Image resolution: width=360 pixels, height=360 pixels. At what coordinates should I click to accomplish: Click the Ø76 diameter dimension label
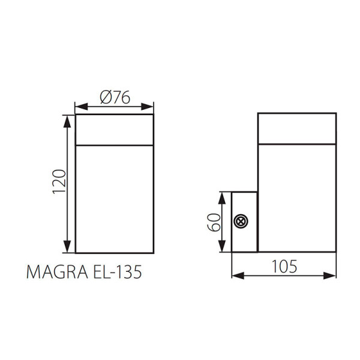[x=115, y=97]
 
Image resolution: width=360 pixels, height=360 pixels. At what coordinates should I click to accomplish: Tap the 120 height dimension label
[x=59, y=182]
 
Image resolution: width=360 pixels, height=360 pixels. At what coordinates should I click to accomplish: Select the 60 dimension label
[x=214, y=222]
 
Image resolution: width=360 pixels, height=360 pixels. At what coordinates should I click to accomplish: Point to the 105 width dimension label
[x=284, y=266]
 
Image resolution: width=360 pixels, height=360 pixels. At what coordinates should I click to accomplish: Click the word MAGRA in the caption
[x=57, y=272]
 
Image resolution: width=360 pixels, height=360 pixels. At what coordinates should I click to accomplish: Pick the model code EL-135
[x=117, y=272]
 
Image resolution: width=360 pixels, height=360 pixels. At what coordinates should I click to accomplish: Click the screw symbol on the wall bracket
[x=241, y=221]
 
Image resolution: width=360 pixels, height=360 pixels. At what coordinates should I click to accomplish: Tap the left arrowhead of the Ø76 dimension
[x=82, y=107]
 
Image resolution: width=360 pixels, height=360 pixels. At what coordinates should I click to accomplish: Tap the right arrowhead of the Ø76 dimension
[x=147, y=107]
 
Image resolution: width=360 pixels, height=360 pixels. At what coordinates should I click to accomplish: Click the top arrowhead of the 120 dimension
[x=67, y=121]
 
